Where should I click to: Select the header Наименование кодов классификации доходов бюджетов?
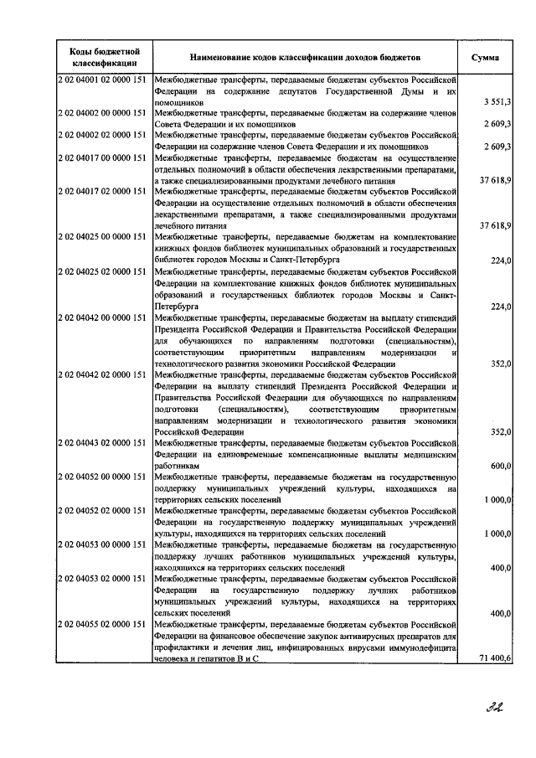pos(307,58)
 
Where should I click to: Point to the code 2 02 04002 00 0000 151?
pos(104,112)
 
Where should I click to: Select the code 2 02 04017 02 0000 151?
pos(104,191)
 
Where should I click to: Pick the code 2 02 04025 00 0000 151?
pos(104,237)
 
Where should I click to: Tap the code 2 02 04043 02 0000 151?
pos(104,442)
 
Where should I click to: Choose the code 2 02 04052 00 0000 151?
pos(104,477)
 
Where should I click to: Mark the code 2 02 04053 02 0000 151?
pos(104,579)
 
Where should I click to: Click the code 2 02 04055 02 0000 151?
pos(104,625)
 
